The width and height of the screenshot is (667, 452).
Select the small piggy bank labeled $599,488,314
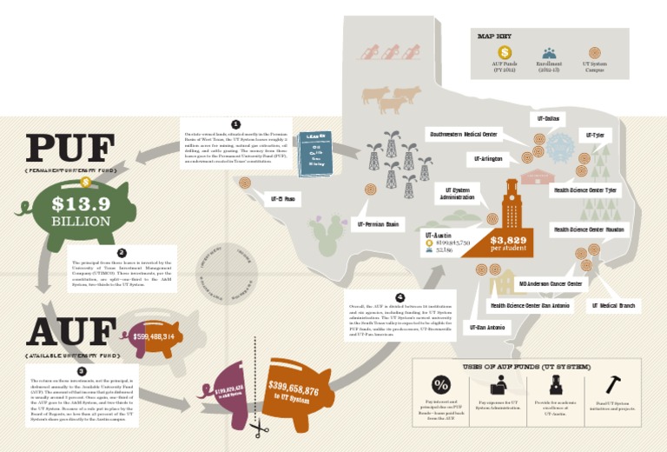(154, 336)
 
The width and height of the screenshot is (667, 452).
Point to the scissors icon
(258, 429)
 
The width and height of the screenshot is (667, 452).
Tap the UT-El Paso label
(283, 199)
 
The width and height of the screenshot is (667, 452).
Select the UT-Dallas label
(548, 117)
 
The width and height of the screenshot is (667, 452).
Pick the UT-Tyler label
(595, 136)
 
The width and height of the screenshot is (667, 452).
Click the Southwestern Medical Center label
(463, 134)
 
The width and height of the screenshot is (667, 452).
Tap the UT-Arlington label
(488, 159)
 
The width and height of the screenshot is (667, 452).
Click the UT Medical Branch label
(613, 305)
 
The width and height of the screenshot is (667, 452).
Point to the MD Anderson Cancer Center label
(551, 283)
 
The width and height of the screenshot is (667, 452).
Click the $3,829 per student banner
(508, 243)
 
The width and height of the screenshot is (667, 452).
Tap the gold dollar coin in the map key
(505, 52)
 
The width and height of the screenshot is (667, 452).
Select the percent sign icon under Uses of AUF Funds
(442, 384)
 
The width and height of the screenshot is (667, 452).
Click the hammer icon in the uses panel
(613, 383)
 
